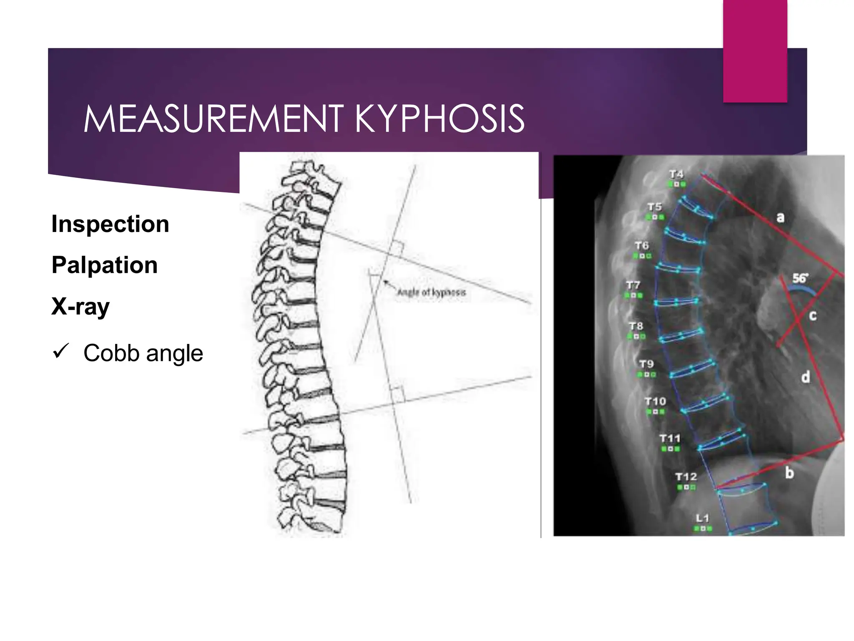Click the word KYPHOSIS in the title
[x=440, y=119]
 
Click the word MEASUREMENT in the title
[x=213, y=119]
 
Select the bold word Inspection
[x=110, y=224]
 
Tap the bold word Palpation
[x=104, y=265]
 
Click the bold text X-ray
[x=80, y=307]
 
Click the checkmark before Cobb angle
[x=61, y=351]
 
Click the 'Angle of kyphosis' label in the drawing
[x=431, y=292]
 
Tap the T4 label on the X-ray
[x=676, y=174]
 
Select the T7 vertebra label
[x=633, y=285]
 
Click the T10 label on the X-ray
[x=655, y=401]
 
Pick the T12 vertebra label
[x=686, y=477]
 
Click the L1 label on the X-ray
[x=702, y=518]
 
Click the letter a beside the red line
[x=780, y=217]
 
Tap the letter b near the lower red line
[x=789, y=473]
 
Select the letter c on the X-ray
[x=813, y=315]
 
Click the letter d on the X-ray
[x=806, y=377]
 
